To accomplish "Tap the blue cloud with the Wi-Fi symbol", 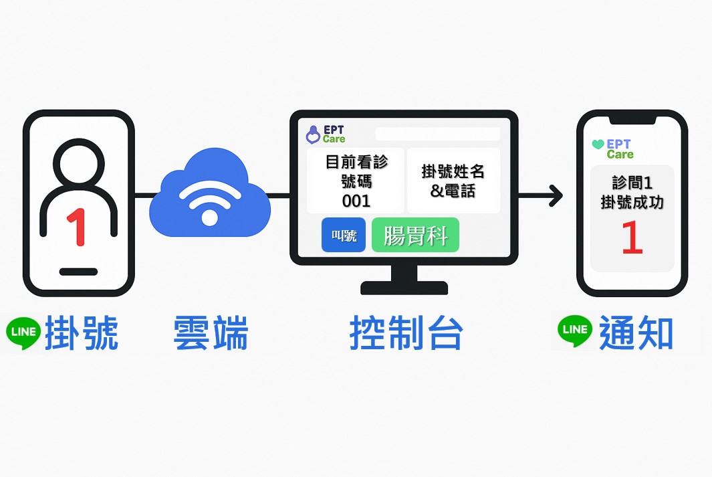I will point(209,197).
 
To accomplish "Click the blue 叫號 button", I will point(344,235).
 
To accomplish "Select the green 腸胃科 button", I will point(415,235).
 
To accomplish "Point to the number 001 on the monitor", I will point(356,200).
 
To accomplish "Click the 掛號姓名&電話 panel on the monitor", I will point(453,181).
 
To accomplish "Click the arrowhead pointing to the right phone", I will point(555,196).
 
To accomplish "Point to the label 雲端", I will point(210,332).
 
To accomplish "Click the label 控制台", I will point(406,332).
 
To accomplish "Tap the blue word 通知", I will point(636,332).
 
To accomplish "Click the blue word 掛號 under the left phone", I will point(82,332).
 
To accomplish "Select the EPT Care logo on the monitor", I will point(326,134).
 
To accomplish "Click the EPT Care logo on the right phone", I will point(612,149).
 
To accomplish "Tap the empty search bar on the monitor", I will point(437,134).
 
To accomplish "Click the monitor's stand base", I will point(404,288).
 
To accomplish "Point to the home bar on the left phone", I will point(78,272).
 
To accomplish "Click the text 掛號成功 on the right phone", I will point(632,201).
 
